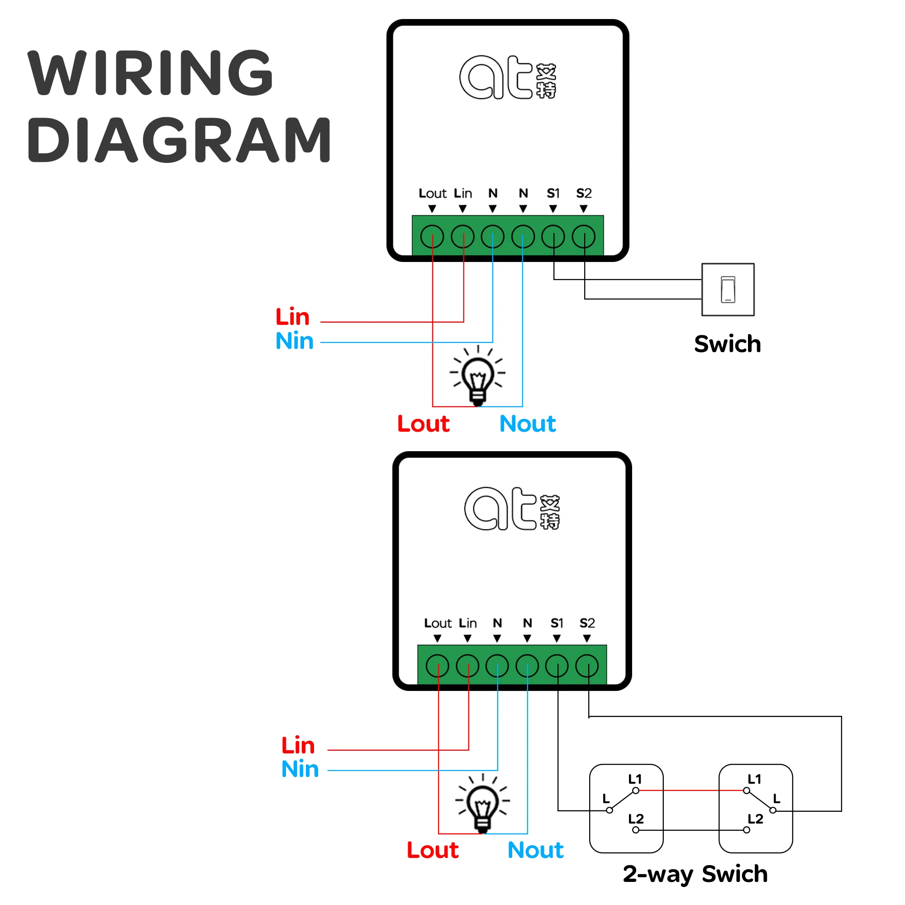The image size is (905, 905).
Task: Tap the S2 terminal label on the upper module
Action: [584, 193]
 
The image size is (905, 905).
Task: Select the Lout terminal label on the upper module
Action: [432, 193]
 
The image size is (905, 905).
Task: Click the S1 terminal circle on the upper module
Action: [553, 237]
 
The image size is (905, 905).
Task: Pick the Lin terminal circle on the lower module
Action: [467, 666]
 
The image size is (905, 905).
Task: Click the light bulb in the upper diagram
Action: [478, 375]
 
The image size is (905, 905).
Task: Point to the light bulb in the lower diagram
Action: [483, 804]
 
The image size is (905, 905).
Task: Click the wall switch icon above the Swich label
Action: [728, 290]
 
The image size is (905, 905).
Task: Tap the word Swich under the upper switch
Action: [728, 344]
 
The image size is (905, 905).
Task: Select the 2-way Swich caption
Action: [695, 874]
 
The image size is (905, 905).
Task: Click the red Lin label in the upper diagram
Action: [292, 317]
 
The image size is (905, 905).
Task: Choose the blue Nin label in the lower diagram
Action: [300, 769]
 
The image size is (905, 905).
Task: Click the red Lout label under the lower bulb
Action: [432, 850]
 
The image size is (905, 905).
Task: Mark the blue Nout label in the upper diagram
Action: [528, 424]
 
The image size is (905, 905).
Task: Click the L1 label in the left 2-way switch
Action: [635, 779]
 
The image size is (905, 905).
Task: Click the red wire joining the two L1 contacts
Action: [691, 791]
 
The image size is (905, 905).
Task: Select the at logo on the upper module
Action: [508, 77]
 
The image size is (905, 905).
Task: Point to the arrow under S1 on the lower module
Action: [557, 638]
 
